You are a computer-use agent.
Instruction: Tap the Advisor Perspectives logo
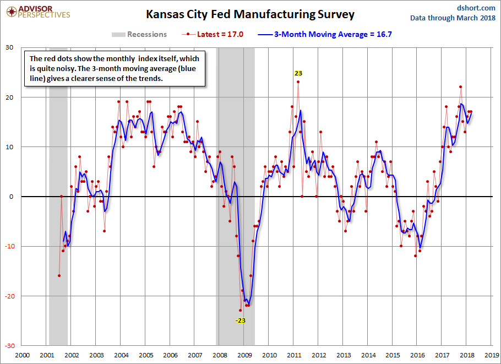pos(37,12)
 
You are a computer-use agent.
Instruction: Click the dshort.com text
pos(477,8)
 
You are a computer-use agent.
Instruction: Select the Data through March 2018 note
pos(453,18)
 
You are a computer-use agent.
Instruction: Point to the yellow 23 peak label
pos(298,73)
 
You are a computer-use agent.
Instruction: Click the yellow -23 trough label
pos(241,320)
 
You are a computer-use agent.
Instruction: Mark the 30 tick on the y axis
pos(9,47)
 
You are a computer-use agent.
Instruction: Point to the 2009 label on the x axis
pos(244,355)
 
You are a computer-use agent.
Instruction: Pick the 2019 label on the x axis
pos(492,355)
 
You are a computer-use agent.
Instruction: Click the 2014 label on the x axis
pos(368,355)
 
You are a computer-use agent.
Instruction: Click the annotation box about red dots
pos(115,69)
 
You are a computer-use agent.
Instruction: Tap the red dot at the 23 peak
pos(298,82)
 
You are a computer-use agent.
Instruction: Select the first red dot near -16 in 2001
pos(59,276)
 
